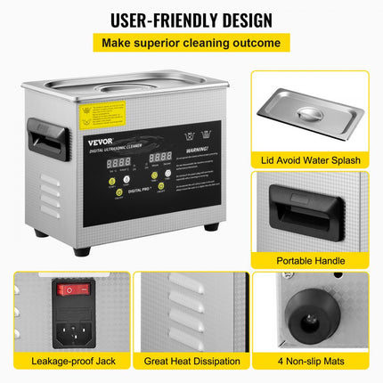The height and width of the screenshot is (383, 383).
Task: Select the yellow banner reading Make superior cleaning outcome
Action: tap(191, 43)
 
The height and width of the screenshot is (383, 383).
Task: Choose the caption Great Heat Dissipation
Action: tap(191, 361)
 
